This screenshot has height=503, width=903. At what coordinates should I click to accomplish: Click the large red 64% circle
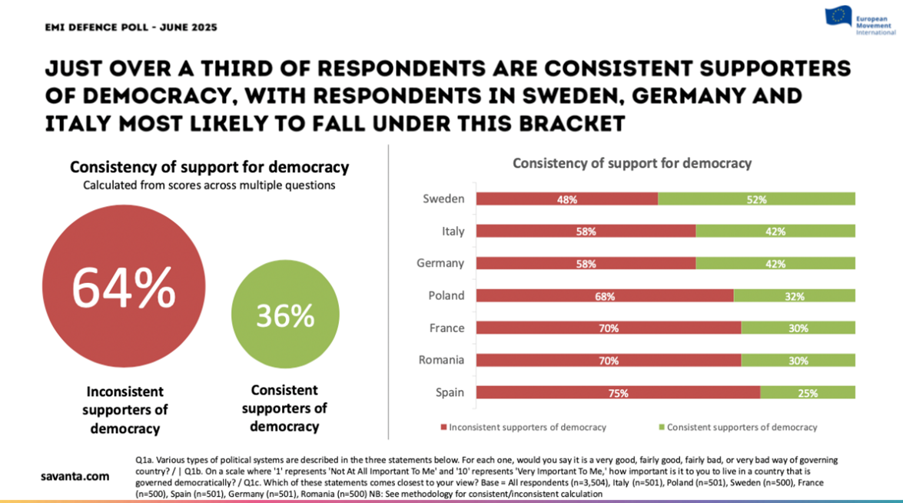pos(124,288)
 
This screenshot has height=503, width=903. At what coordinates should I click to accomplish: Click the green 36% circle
pos(285,315)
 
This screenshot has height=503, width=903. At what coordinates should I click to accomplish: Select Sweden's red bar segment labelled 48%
pos(567,199)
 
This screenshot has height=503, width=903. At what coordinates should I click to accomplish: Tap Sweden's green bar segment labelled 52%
pos(757,199)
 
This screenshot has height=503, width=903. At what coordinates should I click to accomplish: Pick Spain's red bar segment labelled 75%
pos(618,392)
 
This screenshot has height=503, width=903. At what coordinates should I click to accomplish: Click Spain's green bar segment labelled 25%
pos(808,392)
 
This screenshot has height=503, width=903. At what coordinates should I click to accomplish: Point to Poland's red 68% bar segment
pos(605,296)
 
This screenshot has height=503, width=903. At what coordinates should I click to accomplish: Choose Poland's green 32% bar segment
pos(795,296)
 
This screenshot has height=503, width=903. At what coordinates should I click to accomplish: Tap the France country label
pos(447,328)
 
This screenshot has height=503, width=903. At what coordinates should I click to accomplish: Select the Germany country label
pos(440,263)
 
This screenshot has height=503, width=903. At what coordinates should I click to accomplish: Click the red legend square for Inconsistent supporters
pos(443,428)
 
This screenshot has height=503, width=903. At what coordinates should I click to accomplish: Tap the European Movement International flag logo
pos(838,16)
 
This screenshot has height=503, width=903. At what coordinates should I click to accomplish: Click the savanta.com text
pos(75,477)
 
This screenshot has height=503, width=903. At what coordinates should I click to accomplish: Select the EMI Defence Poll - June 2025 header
pos(131,28)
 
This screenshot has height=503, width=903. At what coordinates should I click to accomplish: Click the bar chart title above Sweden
pos(632,163)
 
